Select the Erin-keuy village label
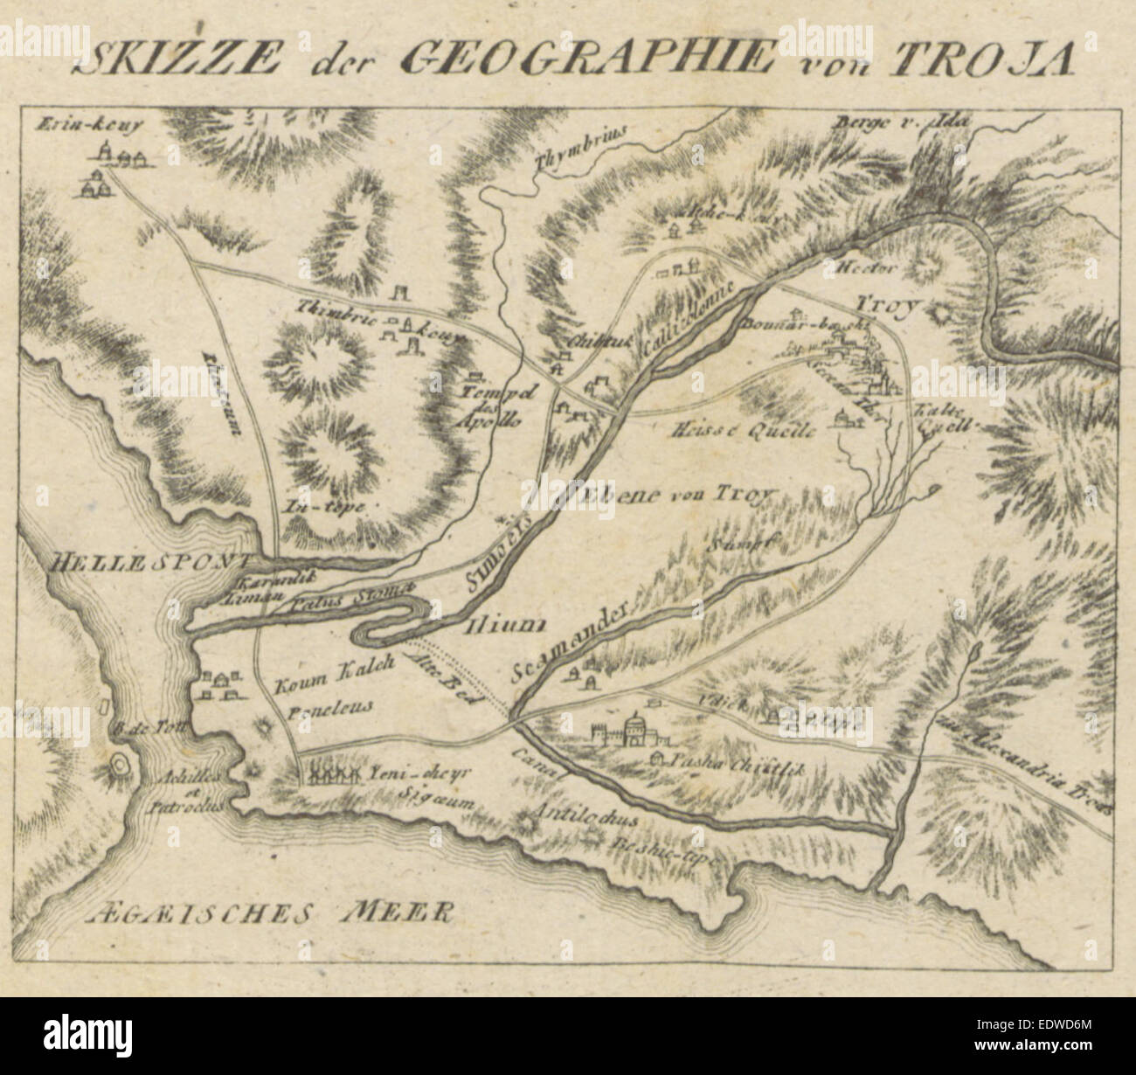89,123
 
